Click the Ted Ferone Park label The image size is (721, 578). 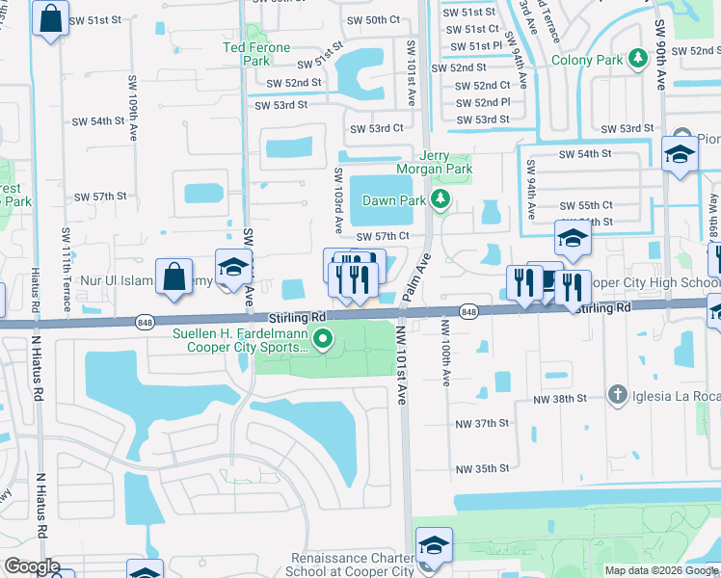255,54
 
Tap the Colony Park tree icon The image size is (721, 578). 637,60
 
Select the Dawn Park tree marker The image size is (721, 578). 441,200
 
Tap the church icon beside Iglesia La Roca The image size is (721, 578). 619,394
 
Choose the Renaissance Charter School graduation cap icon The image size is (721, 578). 434,545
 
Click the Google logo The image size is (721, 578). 32,566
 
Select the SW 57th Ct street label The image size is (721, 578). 383,236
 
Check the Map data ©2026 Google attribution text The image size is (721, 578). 660,570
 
